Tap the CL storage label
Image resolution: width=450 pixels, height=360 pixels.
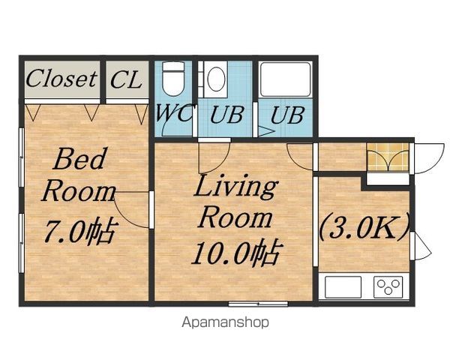126,79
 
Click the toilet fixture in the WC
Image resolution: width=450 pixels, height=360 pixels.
173,78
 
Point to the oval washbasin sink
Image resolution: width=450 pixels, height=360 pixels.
216,79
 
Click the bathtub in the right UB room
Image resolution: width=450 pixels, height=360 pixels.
286,79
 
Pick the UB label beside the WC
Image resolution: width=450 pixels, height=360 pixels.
226,115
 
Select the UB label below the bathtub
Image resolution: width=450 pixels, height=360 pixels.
287,115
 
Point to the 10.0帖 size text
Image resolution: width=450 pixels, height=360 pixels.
237,252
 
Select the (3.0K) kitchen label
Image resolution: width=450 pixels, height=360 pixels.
364,227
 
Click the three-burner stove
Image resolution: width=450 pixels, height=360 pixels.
388,286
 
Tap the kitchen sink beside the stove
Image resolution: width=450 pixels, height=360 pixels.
343,286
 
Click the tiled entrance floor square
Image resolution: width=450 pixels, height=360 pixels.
388,157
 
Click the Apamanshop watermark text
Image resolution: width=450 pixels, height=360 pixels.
225,322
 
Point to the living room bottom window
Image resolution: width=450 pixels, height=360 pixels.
258,304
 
